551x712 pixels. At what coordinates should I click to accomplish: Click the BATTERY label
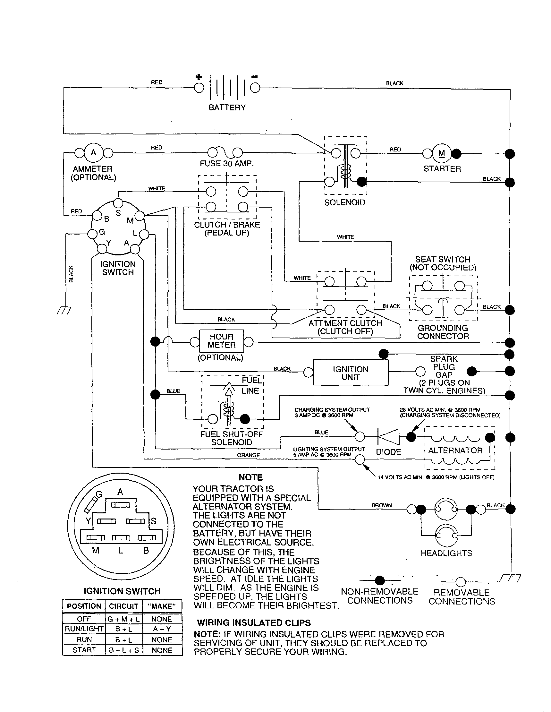227,107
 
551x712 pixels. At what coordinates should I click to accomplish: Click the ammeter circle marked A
94,152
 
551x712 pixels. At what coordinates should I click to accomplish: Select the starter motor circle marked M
442,153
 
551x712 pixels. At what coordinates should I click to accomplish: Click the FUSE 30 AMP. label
226,164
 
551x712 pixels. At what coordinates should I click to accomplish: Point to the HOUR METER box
221,341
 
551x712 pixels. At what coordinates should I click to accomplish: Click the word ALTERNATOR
455,450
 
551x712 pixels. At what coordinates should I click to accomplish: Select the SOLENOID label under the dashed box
344,202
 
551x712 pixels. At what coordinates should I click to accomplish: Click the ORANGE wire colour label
248,455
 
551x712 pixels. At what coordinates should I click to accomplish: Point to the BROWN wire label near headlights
381,505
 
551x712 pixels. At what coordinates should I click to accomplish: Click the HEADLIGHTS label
446,553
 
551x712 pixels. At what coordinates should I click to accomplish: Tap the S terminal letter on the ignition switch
118,213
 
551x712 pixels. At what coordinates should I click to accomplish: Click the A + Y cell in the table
162,629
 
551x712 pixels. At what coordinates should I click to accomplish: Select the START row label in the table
84,650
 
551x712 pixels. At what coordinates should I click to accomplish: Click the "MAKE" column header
162,606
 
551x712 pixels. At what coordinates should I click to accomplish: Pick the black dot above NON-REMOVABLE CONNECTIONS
380,580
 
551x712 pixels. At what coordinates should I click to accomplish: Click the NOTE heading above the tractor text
250,477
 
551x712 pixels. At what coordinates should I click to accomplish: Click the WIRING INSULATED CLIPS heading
253,623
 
